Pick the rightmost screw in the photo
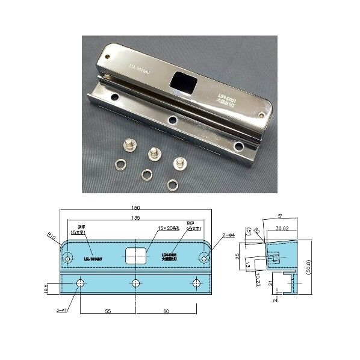[179, 163]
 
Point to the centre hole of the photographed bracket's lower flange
[173, 120]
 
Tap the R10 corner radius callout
[51, 238]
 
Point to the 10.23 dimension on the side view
[257, 279]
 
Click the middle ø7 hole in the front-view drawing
[136, 282]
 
